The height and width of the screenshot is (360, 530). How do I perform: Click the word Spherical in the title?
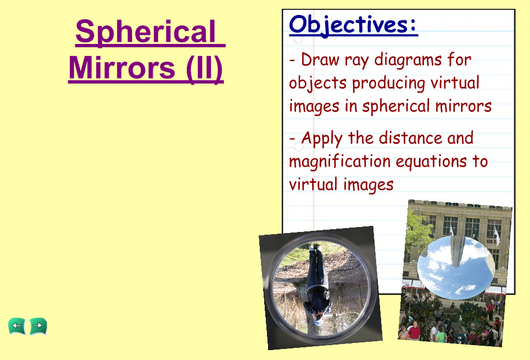(146, 32)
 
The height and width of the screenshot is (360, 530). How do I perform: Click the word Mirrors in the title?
(122, 68)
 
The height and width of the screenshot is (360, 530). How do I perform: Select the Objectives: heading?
(353, 25)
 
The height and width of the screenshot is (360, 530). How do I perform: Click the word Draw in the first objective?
(320, 59)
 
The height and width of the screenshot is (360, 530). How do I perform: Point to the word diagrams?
(408, 60)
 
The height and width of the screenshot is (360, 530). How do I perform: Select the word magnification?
(340, 162)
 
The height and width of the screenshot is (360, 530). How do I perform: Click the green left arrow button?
(17, 326)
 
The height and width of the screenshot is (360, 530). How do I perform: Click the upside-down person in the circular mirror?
(317, 285)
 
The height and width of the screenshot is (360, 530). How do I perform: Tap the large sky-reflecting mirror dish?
(456, 267)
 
